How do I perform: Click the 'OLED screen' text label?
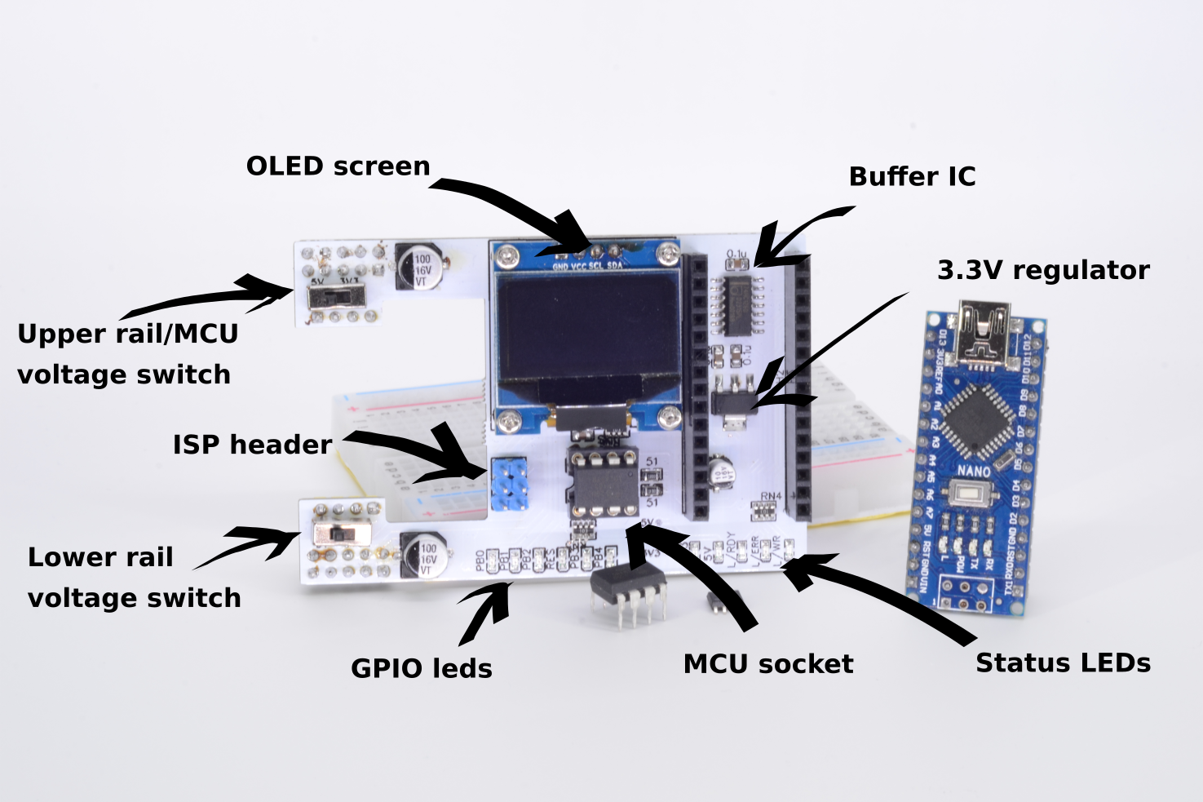click(338, 166)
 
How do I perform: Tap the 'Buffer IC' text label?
click(912, 177)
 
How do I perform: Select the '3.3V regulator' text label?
click(1043, 270)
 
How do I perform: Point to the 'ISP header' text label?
click(252, 445)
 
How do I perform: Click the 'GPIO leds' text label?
click(421, 669)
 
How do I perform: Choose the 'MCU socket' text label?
click(767, 664)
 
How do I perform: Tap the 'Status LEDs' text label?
click(1063, 663)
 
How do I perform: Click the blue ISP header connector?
click(509, 484)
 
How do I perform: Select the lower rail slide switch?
click(343, 536)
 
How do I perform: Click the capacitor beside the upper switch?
click(421, 268)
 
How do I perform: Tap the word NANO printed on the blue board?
click(973, 472)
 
